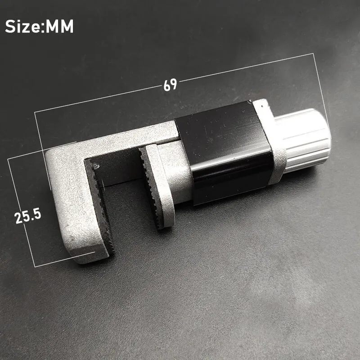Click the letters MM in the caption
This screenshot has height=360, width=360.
point(59,26)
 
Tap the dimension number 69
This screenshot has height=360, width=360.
point(171,85)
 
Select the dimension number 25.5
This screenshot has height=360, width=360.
point(27,216)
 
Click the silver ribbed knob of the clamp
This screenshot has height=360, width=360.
point(303,140)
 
